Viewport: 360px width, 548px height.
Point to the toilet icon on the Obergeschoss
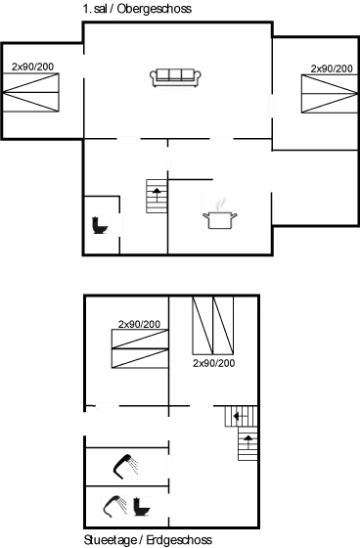(99, 224)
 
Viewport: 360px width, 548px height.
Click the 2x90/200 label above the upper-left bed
(32, 67)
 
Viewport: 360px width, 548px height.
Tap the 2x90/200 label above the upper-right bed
(331, 68)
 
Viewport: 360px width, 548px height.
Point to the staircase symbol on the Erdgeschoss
(246, 432)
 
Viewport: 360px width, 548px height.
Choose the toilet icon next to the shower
(142, 508)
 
